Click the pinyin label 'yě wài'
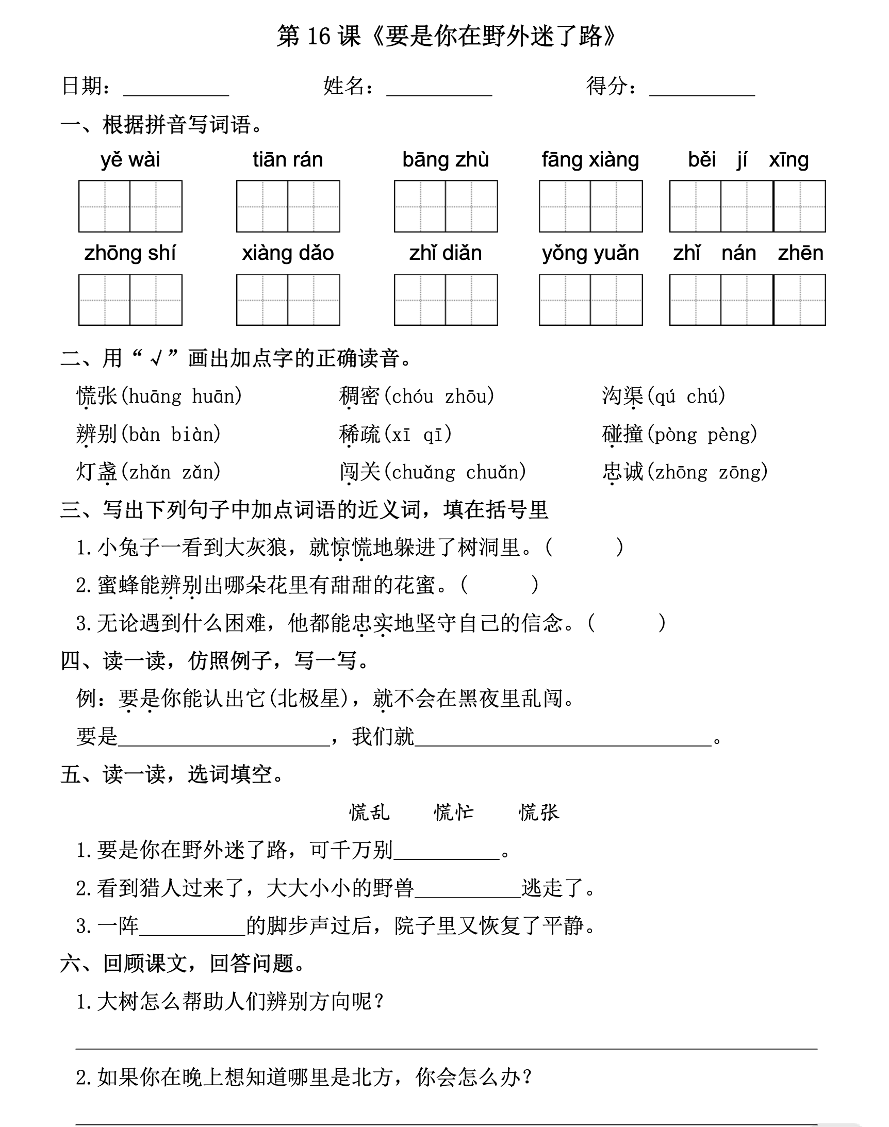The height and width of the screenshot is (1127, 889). pyautogui.click(x=130, y=160)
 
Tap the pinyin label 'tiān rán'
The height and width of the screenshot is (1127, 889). pyautogui.click(x=288, y=160)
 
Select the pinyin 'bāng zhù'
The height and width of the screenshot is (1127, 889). pyautogui.click(x=446, y=160)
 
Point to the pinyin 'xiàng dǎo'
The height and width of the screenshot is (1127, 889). pyautogui.click(x=288, y=253)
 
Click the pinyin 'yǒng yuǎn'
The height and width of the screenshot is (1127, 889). pyautogui.click(x=590, y=253)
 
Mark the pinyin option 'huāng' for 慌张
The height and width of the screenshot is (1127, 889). pyautogui.click(x=155, y=396)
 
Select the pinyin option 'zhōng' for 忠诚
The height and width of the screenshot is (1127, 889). pyautogui.click(x=681, y=472)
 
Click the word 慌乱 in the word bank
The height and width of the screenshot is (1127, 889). pyautogui.click(x=369, y=812)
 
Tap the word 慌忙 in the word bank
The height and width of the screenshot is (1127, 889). pyautogui.click(x=454, y=812)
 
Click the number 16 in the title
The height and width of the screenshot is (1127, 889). pyautogui.click(x=319, y=37)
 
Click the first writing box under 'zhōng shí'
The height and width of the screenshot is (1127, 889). pyautogui.click(x=105, y=300)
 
